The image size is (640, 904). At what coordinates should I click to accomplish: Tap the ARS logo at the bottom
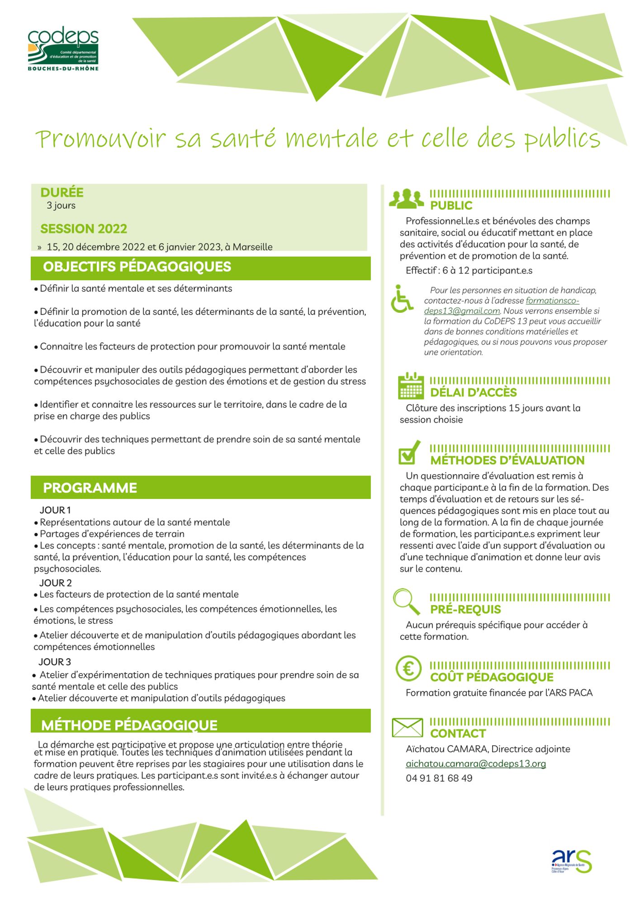point(571,861)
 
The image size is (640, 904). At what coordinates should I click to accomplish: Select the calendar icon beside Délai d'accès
point(411,386)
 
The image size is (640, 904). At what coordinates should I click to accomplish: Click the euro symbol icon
point(408,668)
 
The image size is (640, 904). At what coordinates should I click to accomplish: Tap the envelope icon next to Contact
point(407,727)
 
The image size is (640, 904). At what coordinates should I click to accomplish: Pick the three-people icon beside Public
point(407,199)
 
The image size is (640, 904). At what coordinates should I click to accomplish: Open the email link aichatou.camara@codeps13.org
point(476,763)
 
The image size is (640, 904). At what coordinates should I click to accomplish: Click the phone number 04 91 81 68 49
point(439,778)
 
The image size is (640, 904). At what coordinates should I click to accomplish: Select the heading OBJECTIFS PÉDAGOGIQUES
point(137,267)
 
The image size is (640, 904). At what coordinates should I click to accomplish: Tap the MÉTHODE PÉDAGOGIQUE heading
point(129,725)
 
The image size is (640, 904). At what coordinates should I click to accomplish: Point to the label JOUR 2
point(56,583)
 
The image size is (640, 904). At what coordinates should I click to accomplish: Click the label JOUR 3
point(55,662)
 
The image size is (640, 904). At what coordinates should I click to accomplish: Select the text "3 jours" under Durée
point(61,206)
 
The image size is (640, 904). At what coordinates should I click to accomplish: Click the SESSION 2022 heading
point(84,229)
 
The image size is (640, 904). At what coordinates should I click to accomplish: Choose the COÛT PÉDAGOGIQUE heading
point(492,677)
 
